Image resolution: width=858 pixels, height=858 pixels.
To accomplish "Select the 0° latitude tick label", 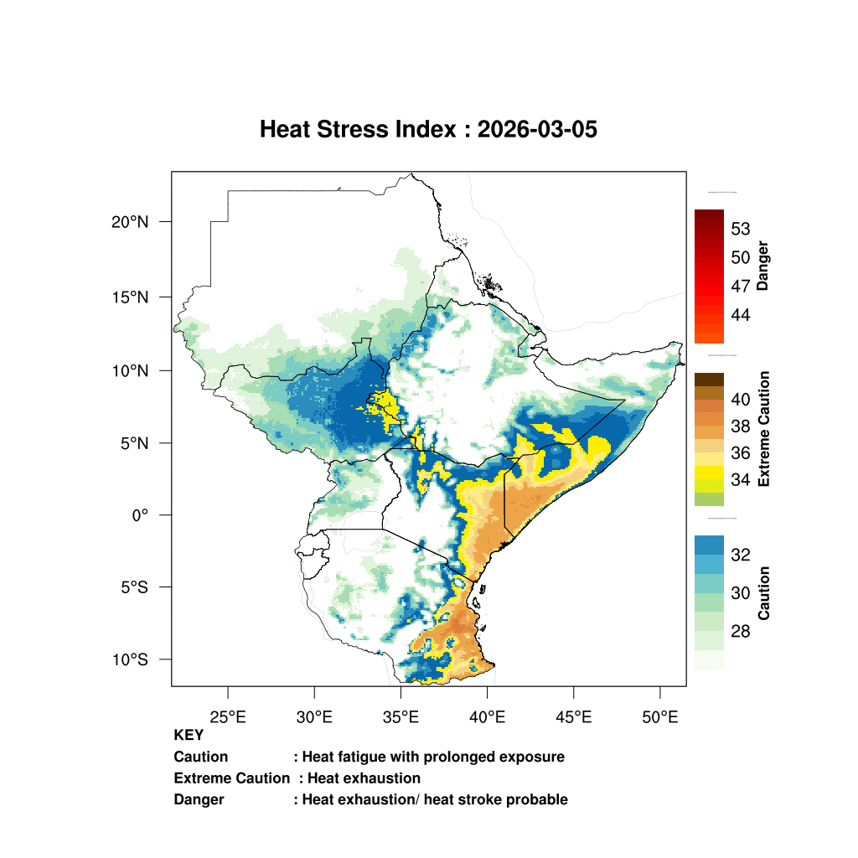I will click(139, 515).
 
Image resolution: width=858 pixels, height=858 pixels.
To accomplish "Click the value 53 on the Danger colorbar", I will click(740, 229).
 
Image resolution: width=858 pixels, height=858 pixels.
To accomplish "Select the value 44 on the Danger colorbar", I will click(740, 315).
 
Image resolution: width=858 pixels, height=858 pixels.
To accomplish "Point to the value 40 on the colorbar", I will click(740, 400).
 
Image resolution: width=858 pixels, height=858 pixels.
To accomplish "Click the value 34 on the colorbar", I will click(740, 480).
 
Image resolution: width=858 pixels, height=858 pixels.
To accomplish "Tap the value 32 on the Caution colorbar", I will click(740, 555).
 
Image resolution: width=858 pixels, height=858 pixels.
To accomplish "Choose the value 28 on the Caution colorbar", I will click(740, 631).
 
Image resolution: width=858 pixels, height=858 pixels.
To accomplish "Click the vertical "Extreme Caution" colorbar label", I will click(763, 429).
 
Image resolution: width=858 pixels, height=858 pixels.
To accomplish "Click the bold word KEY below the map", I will click(189, 736).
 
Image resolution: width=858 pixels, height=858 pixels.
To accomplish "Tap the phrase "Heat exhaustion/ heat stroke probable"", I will click(435, 799).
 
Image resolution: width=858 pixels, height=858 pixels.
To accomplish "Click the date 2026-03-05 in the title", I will click(537, 130).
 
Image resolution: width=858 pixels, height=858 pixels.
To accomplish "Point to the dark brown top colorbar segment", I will click(709, 380).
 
